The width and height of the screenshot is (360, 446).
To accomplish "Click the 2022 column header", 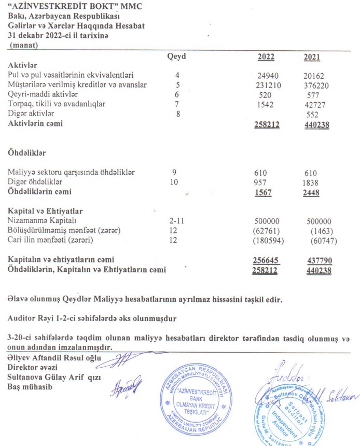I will pos(266,57).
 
